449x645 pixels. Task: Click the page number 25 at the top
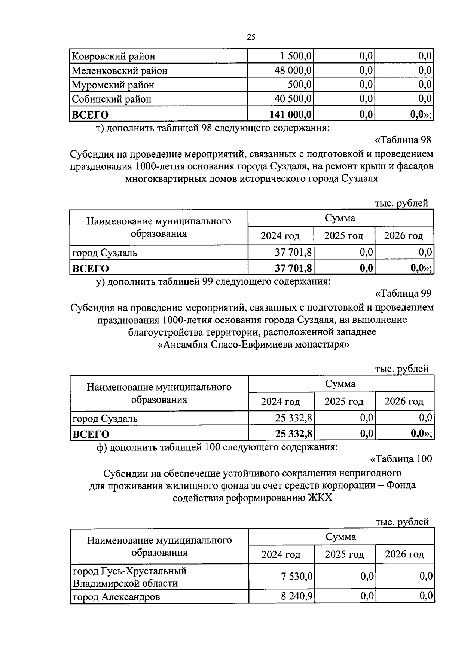click(x=251, y=37)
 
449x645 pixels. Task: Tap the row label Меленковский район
click(x=119, y=71)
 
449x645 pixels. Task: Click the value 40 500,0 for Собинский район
click(x=294, y=99)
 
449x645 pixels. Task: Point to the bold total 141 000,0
click(x=291, y=114)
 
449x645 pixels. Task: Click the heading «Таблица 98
click(x=403, y=140)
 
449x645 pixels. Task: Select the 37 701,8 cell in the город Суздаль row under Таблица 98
click(x=294, y=252)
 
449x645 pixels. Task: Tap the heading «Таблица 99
click(x=403, y=293)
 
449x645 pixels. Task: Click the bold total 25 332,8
click(x=294, y=434)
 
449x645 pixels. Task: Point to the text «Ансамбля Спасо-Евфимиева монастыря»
click(x=253, y=344)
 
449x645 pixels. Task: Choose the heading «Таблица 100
click(x=401, y=459)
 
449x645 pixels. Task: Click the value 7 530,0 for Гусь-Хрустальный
click(x=297, y=577)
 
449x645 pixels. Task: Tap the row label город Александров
click(x=116, y=597)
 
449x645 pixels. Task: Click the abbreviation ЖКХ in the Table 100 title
click(x=320, y=498)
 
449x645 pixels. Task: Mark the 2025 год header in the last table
click(x=344, y=554)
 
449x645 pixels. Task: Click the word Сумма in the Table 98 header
click(x=340, y=218)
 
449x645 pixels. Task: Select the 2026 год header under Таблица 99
click(x=404, y=401)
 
